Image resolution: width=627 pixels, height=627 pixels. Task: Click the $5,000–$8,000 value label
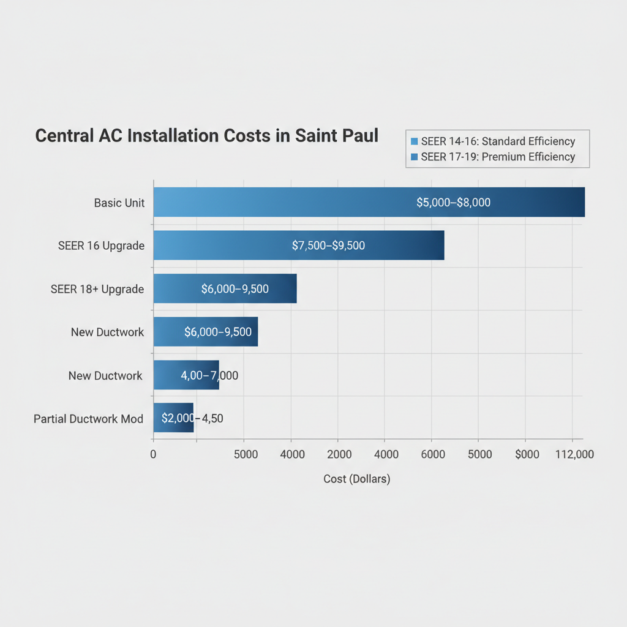pos(453,202)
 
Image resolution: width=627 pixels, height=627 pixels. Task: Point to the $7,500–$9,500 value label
pos(328,246)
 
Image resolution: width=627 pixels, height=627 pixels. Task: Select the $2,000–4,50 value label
pos(192,418)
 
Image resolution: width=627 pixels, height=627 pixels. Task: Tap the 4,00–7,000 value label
pos(209,375)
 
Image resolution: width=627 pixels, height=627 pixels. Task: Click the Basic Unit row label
pos(119,203)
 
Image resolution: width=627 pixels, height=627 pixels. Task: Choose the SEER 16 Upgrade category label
pos(101,246)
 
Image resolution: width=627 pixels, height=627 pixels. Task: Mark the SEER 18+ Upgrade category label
pos(97,289)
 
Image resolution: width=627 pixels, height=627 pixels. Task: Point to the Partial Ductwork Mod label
pos(88,419)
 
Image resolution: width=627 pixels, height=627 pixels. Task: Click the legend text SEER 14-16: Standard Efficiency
pos(498,141)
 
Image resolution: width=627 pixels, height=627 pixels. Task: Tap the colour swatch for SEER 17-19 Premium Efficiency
pos(415,157)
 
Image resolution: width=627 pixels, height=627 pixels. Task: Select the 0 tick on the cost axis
pos(153,454)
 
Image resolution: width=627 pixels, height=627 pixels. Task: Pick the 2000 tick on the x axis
pos(339,454)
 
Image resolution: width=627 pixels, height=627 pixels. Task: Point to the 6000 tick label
pos(432,454)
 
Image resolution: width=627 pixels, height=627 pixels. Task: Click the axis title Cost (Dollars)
pos(356,479)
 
